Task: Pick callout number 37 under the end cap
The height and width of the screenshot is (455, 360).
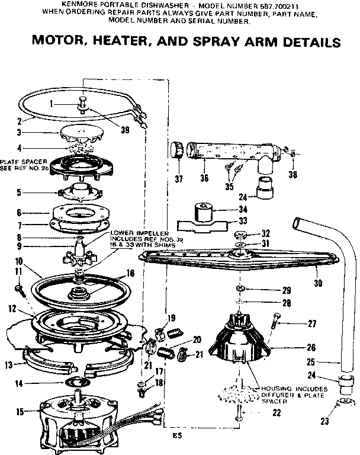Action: (x=179, y=178)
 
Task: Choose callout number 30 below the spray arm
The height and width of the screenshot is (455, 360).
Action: (x=318, y=283)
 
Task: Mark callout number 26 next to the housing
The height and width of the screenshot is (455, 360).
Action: (x=311, y=348)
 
